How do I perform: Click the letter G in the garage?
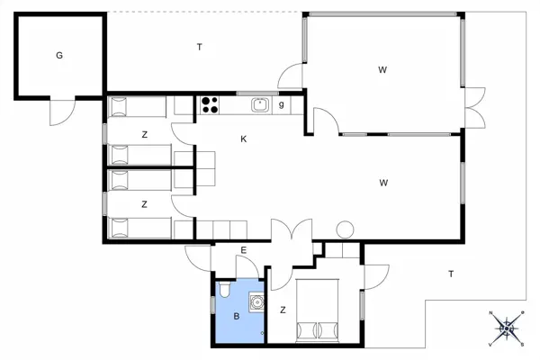click(59, 55)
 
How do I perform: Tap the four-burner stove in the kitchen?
click(210, 105)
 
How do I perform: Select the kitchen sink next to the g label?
click(261, 105)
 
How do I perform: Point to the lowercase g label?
click(282, 104)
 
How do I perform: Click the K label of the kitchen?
click(243, 139)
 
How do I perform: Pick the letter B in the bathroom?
click(236, 317)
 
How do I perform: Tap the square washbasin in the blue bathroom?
click(256, 303)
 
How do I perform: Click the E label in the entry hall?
click(243, 250)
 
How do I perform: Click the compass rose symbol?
click(508, 328)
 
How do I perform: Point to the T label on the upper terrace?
click(199, 47)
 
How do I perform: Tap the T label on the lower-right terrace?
click(451, 274)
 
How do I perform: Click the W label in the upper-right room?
click(382, 69)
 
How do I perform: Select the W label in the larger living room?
click(383, 183)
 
